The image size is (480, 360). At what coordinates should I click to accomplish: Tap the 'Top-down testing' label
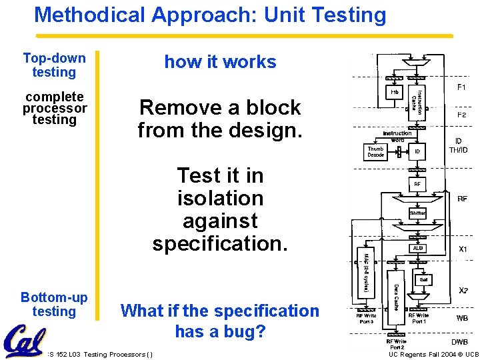[x=54, y=65]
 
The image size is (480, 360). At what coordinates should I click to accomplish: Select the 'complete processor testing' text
[x=55, y=108]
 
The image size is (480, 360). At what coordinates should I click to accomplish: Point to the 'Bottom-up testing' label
[x=54, y=304]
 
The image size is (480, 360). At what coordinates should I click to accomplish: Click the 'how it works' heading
[x=220, y=62]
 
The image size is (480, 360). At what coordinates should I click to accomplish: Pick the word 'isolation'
[x=220, y=198]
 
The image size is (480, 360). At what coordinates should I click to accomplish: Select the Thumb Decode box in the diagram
[x=376, y=152]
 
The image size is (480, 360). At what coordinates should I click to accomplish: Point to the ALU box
[x=418, y=248]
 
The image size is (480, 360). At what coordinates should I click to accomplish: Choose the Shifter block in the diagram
[x=418, y=213]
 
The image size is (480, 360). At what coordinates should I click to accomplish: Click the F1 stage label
[x=461, y=87]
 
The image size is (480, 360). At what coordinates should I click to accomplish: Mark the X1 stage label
[x=462, y=249]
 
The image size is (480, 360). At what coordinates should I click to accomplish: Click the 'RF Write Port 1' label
[x=419, y=319]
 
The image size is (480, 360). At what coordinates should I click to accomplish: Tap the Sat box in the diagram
[x=423, y=279]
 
